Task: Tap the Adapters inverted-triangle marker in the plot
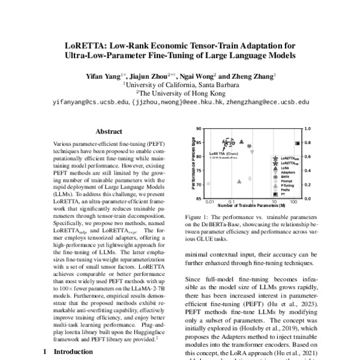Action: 251,152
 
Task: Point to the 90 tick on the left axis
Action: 200,128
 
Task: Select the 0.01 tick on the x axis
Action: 209,202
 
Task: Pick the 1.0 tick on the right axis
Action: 308,128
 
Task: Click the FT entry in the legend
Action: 281,194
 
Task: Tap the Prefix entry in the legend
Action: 284,190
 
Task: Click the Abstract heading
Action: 109,132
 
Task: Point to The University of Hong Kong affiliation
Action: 179,93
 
